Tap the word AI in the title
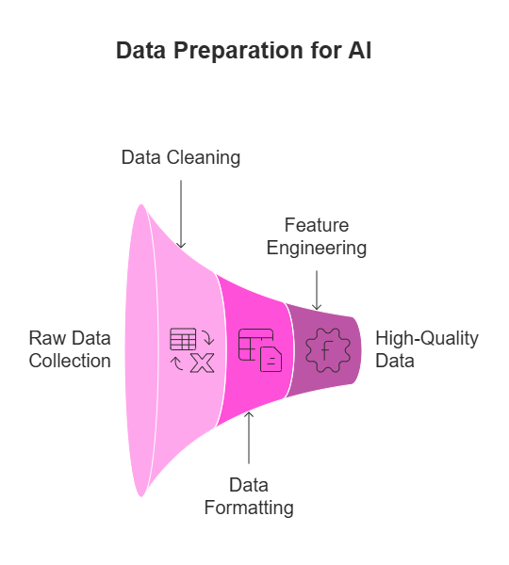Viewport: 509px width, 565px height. point(358,52)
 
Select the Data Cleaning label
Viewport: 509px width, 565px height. point(181,157)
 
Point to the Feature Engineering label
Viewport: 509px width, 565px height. point(317,236)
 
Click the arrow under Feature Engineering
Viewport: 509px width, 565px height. point(317,290)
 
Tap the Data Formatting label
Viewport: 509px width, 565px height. point(249,496)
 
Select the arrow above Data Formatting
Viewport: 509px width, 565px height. point(249,438)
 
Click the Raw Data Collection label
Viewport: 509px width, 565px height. point(70,349)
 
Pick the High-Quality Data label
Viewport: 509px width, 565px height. point(427,349)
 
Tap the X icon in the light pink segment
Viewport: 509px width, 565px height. point(202,363)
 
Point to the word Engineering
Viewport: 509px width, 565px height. point(317,249)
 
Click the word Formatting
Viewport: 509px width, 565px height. point(249,508)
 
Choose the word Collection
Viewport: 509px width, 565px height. point(70,361)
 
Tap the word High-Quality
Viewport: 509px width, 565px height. point(427,338)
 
